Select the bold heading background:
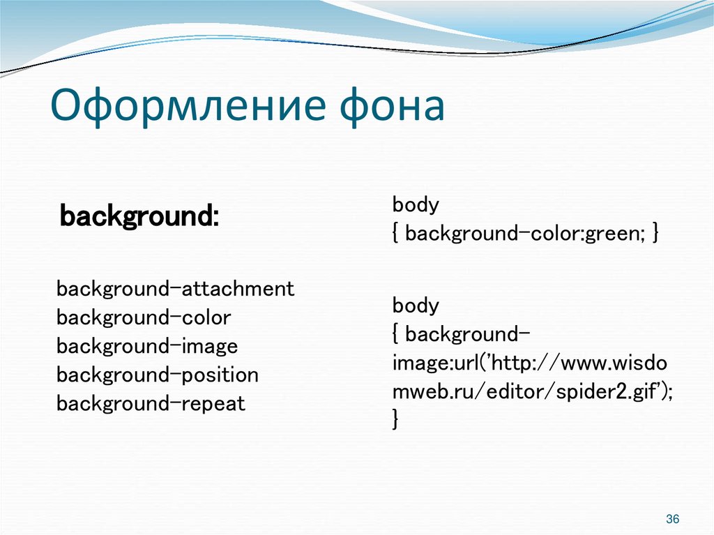point(139,216)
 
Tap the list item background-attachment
point(176,289)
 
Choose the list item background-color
point(144,318)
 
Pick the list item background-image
point(147,347)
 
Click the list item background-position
point(158,375)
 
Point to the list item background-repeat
point(151,404)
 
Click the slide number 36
point(673,519)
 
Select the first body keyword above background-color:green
point(416,205)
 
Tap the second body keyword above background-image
point(416,306)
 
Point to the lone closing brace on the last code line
point(396,420)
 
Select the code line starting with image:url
point(530,363)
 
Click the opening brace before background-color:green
point(396,234)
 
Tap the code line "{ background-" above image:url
point(461,334)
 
